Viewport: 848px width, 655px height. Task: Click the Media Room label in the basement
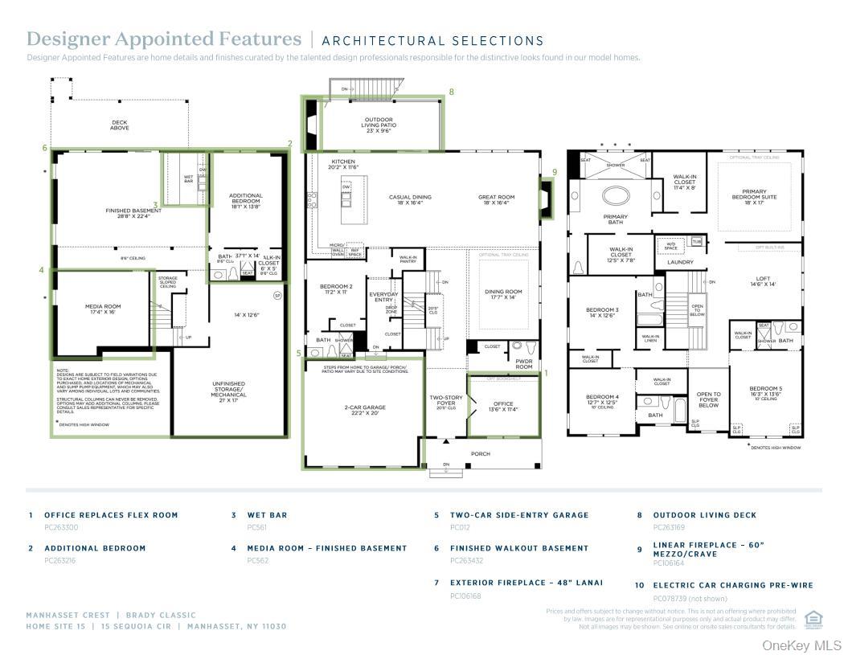(102, 309)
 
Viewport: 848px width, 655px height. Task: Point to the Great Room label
(496, 199)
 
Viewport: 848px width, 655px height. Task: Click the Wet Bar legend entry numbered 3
(267, 515)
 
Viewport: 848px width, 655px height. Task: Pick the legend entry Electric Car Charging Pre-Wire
(732, 586)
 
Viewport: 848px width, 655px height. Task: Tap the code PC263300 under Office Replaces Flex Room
(61, 527)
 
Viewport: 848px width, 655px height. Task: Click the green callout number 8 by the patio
(451, 92)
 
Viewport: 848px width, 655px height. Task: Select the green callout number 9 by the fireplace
(554, 172)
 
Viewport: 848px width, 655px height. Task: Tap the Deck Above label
(120, 125)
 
